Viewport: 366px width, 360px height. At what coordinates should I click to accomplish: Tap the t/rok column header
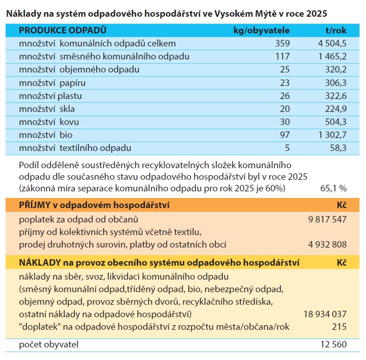[x=336, y=31]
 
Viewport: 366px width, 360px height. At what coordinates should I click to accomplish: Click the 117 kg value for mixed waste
[x=282, y=57]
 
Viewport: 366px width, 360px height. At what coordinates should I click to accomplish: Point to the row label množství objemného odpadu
[x=80, y=70]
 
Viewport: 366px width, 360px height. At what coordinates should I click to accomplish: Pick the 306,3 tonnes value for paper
[x=334, y=83]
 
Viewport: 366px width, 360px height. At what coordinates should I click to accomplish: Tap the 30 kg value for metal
[x=285, y=122]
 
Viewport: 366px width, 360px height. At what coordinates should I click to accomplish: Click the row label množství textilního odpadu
[x=82, y=148]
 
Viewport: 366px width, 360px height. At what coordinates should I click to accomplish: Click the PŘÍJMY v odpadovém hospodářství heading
[x=94, y=205]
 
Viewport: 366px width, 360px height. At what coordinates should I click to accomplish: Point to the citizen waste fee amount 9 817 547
[x=327, y=219]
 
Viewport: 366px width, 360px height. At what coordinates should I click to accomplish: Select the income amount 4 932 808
[x=327, y=244]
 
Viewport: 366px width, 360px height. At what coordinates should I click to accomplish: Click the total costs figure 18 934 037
[x=325, y=314]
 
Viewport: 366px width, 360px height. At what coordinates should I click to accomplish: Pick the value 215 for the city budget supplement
[x=339, y=327]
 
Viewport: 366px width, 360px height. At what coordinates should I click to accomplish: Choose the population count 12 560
[x=333, y=345]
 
